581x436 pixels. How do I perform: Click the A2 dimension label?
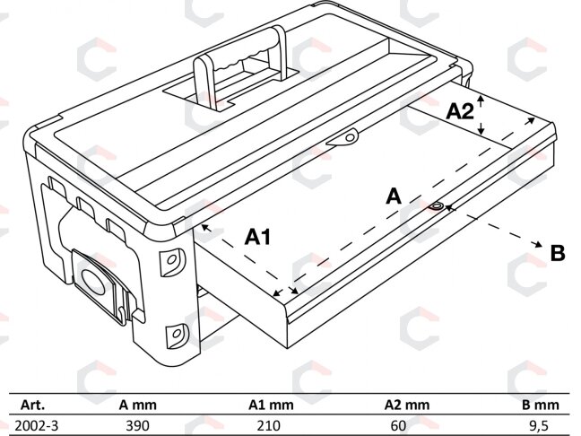[x=460, y=111]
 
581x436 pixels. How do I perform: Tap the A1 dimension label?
[x=258, y=237]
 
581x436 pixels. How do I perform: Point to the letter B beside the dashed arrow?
[x=558, y=253]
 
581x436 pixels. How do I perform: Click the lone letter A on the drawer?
[x=394, y=196]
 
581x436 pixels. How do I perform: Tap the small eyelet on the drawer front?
[x=437, y=206]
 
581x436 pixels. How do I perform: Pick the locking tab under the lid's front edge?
[x=343, y=138]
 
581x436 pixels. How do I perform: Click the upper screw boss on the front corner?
[x=171, y=261]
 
